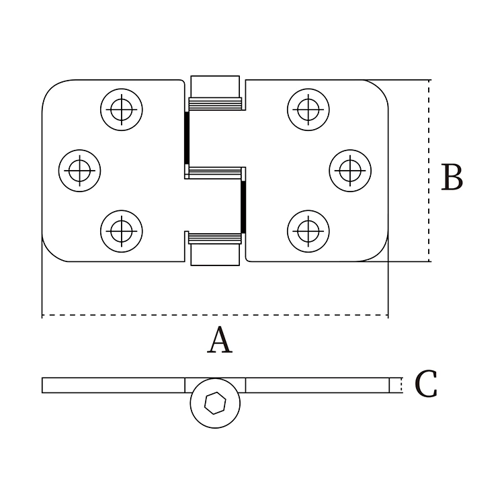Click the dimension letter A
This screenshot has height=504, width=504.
pos(220,341)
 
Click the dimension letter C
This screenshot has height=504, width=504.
pos(426,384)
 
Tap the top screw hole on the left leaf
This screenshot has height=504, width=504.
pos(122,108)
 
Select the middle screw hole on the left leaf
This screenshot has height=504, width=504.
pos(80,169)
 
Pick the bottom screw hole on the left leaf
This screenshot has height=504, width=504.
pos(122,230)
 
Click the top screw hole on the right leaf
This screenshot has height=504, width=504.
pos(308,108)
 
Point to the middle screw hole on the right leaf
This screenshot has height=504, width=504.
pos(350,169)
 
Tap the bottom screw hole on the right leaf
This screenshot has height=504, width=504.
pos(308,230)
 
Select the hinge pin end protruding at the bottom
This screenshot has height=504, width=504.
pos(215,255)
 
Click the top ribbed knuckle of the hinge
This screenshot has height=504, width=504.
pos(215,103)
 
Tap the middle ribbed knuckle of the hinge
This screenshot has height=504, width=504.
pos(215,173)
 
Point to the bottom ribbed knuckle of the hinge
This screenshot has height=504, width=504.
pos(215,238)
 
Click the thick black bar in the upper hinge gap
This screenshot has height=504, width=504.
pos(187,138)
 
